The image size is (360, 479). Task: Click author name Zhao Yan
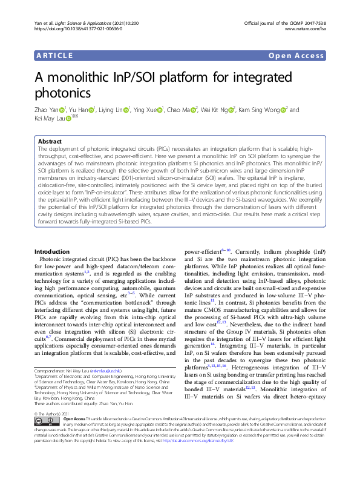47,110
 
